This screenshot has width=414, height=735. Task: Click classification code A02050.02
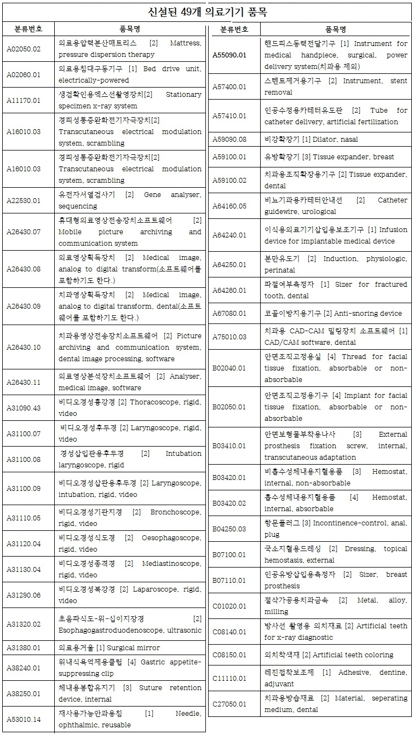pos(24,49)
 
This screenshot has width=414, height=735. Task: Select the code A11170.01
pos(24,100)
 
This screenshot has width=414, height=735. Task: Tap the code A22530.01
pos(24,200)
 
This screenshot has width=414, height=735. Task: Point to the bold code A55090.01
pos(229,55)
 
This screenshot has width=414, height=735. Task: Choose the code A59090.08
pos(229,139)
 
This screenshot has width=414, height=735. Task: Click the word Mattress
pos(186,43)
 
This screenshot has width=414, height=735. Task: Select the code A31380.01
pos(24,647)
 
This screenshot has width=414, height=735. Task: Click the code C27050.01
pos(229,704)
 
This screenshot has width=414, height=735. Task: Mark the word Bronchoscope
pos(176,512)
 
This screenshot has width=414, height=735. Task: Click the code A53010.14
pos(24,719)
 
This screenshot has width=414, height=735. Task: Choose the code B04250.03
pos(229,529)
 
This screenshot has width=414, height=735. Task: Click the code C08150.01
pos(229,655)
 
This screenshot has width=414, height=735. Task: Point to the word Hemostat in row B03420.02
pos(389,497)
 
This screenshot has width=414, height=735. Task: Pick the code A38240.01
pos(24,668)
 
